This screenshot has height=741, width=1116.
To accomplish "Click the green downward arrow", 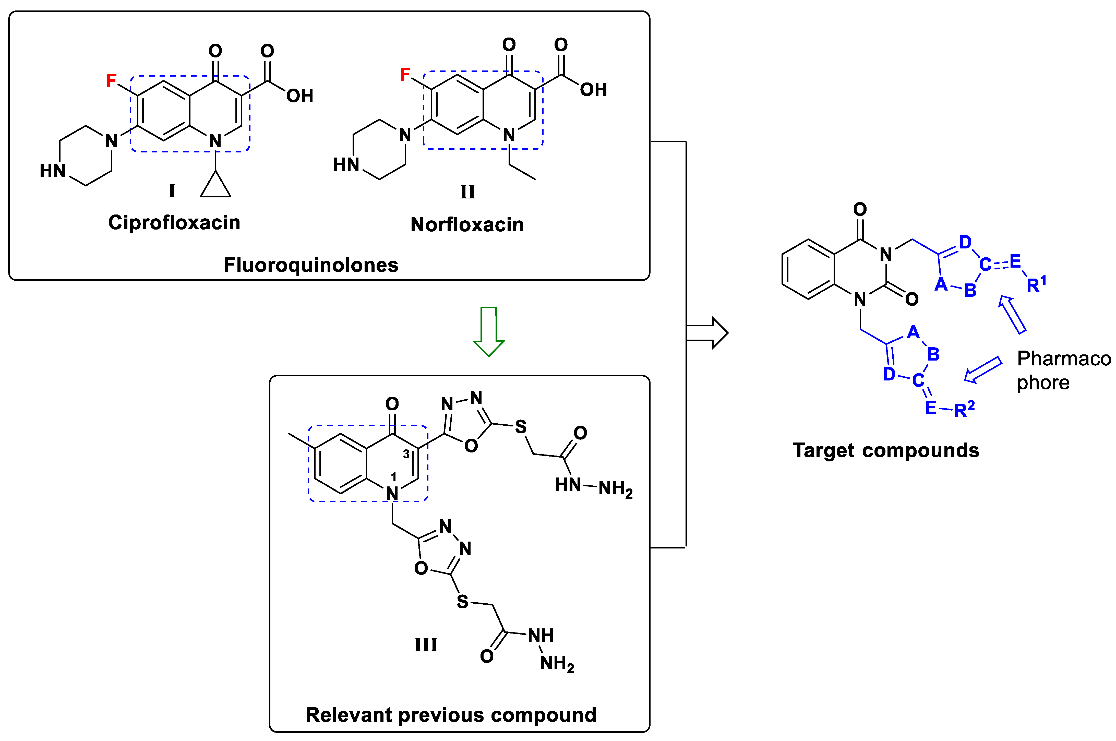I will (488, 331).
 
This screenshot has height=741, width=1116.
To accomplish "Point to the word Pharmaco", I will (1064, 359).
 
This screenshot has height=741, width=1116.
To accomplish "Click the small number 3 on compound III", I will (406, 455).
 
